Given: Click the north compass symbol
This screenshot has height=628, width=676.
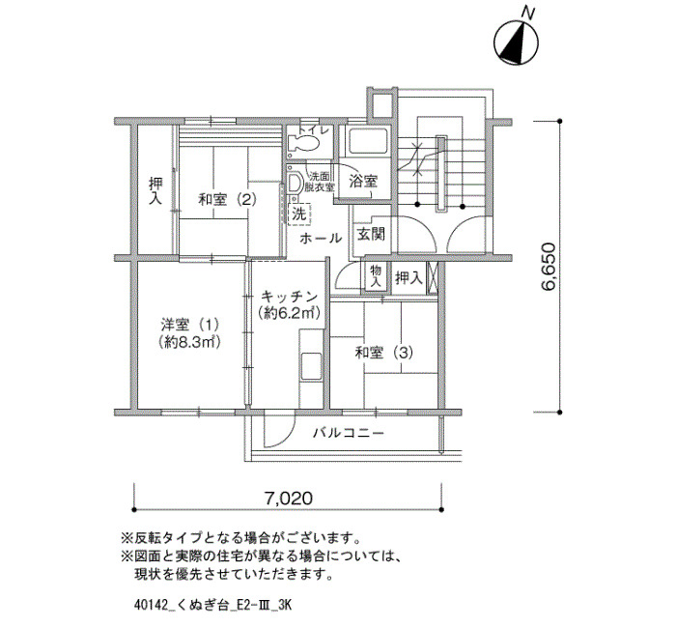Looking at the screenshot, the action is [516, 43].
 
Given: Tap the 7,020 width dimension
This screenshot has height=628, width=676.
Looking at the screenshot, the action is [288, 499].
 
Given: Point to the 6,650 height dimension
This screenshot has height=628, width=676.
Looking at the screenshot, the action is [549, 267].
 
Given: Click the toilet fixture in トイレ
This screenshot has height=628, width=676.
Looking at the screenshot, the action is [303, 143].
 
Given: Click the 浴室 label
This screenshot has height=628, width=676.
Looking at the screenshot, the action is [363, 182].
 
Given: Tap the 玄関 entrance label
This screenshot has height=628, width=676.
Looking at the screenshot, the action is [371, 234].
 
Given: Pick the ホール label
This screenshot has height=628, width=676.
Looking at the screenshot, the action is [321, 238].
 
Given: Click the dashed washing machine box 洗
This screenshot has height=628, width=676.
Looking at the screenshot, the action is [298, 214].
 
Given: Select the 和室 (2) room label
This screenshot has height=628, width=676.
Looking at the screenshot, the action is [227, 199].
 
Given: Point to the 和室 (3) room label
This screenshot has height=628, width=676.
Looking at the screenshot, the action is [383, 353].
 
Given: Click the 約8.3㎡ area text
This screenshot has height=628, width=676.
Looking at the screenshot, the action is [189, 342].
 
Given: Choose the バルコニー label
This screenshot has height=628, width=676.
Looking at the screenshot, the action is [349, 432].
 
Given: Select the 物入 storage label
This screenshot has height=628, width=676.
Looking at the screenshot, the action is [376, 276].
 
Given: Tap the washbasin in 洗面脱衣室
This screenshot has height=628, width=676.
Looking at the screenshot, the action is [296, 183].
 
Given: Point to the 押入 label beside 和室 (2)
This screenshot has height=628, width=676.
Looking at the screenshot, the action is [155, 191].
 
